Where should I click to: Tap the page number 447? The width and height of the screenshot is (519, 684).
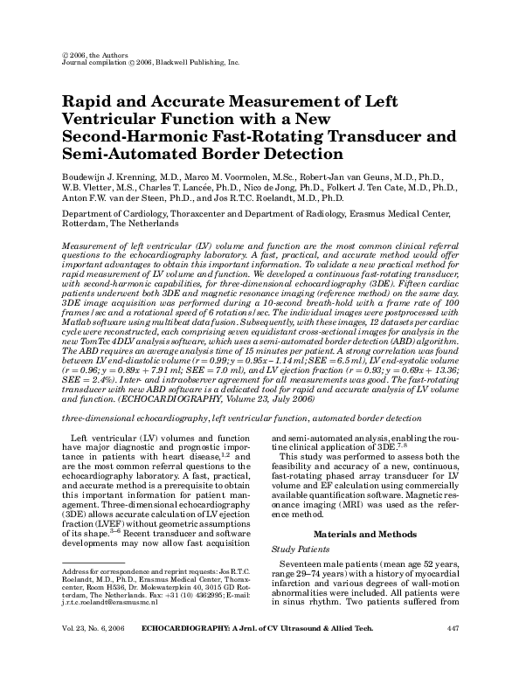[464, 652]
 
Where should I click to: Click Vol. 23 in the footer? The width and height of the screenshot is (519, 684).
[73, 652]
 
